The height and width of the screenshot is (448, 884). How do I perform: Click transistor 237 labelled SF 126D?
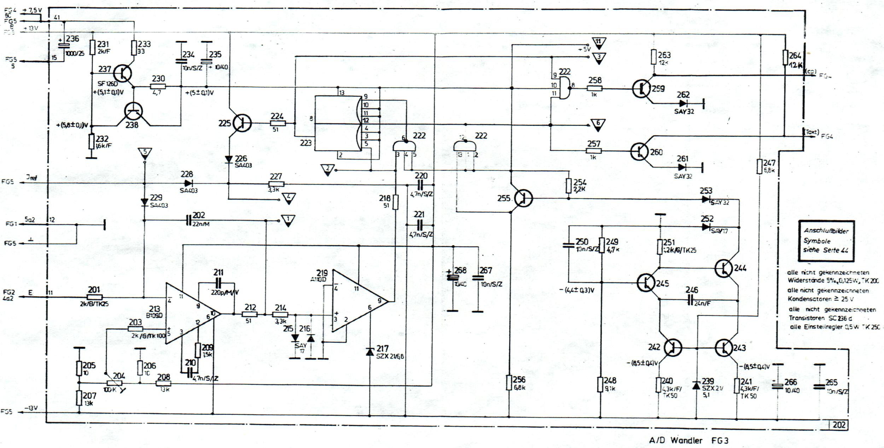tap(123, 74)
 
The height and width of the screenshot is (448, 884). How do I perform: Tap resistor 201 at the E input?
tap(95, 297)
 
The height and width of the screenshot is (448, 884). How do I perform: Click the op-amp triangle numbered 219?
tap(357, 301)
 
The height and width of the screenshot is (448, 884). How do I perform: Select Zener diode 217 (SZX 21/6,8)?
tap(370, 352)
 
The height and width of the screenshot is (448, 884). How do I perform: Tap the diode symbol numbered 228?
tap(188, 183)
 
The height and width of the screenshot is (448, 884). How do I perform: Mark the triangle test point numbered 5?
tap(144, 153)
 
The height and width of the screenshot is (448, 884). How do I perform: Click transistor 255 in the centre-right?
tap(523, 198)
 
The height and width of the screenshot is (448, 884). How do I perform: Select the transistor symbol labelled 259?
tap(641, 89)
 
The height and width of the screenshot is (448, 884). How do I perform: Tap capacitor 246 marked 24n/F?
tap(690, 301)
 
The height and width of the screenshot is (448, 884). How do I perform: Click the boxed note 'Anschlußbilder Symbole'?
tap(826, 241)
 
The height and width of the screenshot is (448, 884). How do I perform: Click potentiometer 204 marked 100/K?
tap(114, 383)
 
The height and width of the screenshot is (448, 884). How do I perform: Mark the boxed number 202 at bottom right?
tap(839, 425)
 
